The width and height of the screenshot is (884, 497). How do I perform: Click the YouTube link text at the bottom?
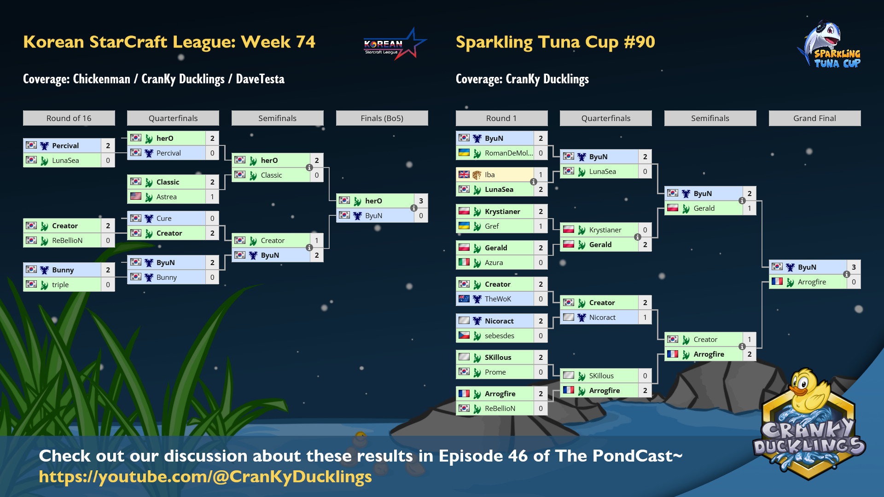tap(205, 477)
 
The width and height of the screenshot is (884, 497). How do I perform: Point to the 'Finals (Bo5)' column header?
tap(382, 118)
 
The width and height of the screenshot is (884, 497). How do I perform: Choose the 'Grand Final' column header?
tap(814, 118)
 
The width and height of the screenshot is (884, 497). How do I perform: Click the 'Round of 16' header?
tap(69, 118)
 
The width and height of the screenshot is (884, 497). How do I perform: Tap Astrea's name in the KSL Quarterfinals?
tap(166, 197)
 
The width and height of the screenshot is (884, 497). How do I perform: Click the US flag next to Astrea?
tap(136, 196)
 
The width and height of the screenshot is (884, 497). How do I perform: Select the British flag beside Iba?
tap(464, 174)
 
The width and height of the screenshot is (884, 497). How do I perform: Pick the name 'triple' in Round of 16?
tap(60, 285)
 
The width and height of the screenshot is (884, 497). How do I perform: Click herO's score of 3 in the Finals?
tap(421, 201)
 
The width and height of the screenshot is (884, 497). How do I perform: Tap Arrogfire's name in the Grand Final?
tap(812, 282)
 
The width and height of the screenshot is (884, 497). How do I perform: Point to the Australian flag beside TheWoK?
tap(464, 299)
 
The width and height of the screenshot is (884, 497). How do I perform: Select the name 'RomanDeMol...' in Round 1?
tap(509, 153)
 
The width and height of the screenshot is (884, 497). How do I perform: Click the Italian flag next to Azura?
tap(464, 262)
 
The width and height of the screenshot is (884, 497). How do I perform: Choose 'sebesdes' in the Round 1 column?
tap(500, 336)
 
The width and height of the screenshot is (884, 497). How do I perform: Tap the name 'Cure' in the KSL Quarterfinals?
tap(164, 219)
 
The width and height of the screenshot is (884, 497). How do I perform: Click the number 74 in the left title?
tap(306, 42)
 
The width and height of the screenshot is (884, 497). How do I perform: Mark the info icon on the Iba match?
tap(534, 182)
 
